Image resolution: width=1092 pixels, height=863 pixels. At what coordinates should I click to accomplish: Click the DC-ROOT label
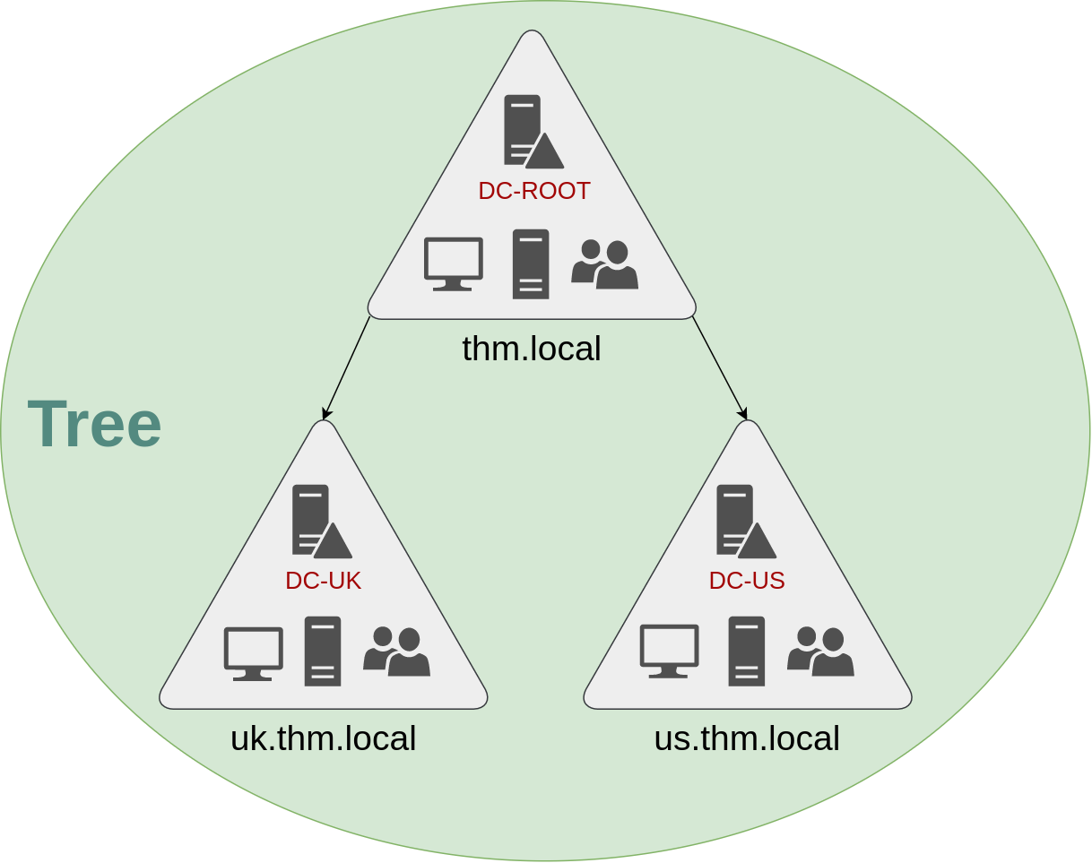point(533,191)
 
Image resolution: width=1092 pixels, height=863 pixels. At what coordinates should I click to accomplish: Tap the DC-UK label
point(323,581)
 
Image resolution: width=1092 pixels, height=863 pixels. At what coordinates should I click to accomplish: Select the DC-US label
point(746,581)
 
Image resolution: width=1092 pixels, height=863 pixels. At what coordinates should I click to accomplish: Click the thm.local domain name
point(532,349)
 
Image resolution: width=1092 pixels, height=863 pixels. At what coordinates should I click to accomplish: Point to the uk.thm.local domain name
point(323,738)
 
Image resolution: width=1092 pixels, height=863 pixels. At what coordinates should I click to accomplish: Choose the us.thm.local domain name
point(746,738)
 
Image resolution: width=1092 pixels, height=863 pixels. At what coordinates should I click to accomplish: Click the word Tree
point(94,424)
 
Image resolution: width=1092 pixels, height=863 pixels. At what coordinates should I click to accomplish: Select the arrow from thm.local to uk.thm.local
point(346,367)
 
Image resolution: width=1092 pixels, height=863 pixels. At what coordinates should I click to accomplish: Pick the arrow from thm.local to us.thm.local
point(719,367)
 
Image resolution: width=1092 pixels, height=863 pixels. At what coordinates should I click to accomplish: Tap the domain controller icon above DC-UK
point(319,522)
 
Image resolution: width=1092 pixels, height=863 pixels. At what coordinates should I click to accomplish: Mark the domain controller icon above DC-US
point(743,522)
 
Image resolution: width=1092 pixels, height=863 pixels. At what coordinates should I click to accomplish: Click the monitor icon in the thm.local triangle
point(453,263)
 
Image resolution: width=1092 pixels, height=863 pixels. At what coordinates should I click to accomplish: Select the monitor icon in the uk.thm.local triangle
point(253,653)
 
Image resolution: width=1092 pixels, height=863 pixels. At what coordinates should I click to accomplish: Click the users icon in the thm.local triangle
point(604,264)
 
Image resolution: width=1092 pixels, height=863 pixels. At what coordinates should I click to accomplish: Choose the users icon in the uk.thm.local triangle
point(396,652)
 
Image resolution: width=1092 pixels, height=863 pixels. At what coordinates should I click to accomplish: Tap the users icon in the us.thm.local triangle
point(820,652)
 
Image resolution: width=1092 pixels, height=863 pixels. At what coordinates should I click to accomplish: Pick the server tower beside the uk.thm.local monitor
point(323,652)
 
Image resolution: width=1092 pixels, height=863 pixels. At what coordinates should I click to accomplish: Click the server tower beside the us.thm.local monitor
point(746,652)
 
